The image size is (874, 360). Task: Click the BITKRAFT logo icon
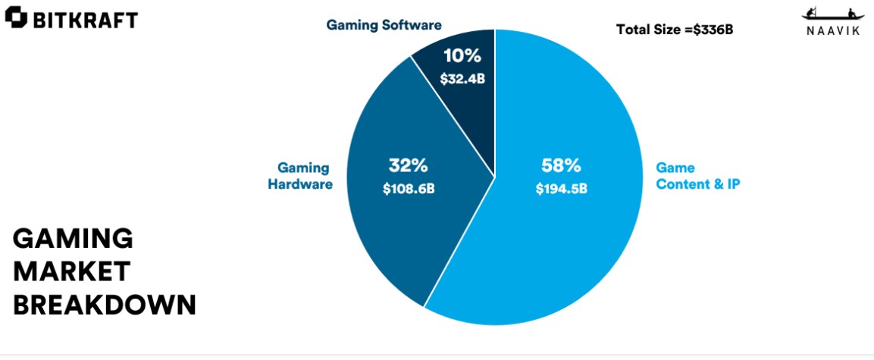[15, 20]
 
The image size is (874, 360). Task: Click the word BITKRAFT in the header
[84, 20]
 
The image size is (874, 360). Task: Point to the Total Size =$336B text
[675, 30]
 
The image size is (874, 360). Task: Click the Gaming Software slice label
[384, 25]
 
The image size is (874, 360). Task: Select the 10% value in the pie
[462, 56]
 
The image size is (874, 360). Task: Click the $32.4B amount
[462, 78]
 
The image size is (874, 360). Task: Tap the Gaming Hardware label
[299, 175]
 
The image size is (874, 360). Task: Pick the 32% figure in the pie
[408, 164]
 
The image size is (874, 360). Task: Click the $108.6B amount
[408, 188]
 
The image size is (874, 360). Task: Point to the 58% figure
[561, 164]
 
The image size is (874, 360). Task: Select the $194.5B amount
[561, 188]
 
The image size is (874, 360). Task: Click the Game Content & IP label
[697, 175]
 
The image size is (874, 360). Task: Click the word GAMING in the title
[73, 239]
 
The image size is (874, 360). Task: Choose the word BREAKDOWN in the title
[105, 304]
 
